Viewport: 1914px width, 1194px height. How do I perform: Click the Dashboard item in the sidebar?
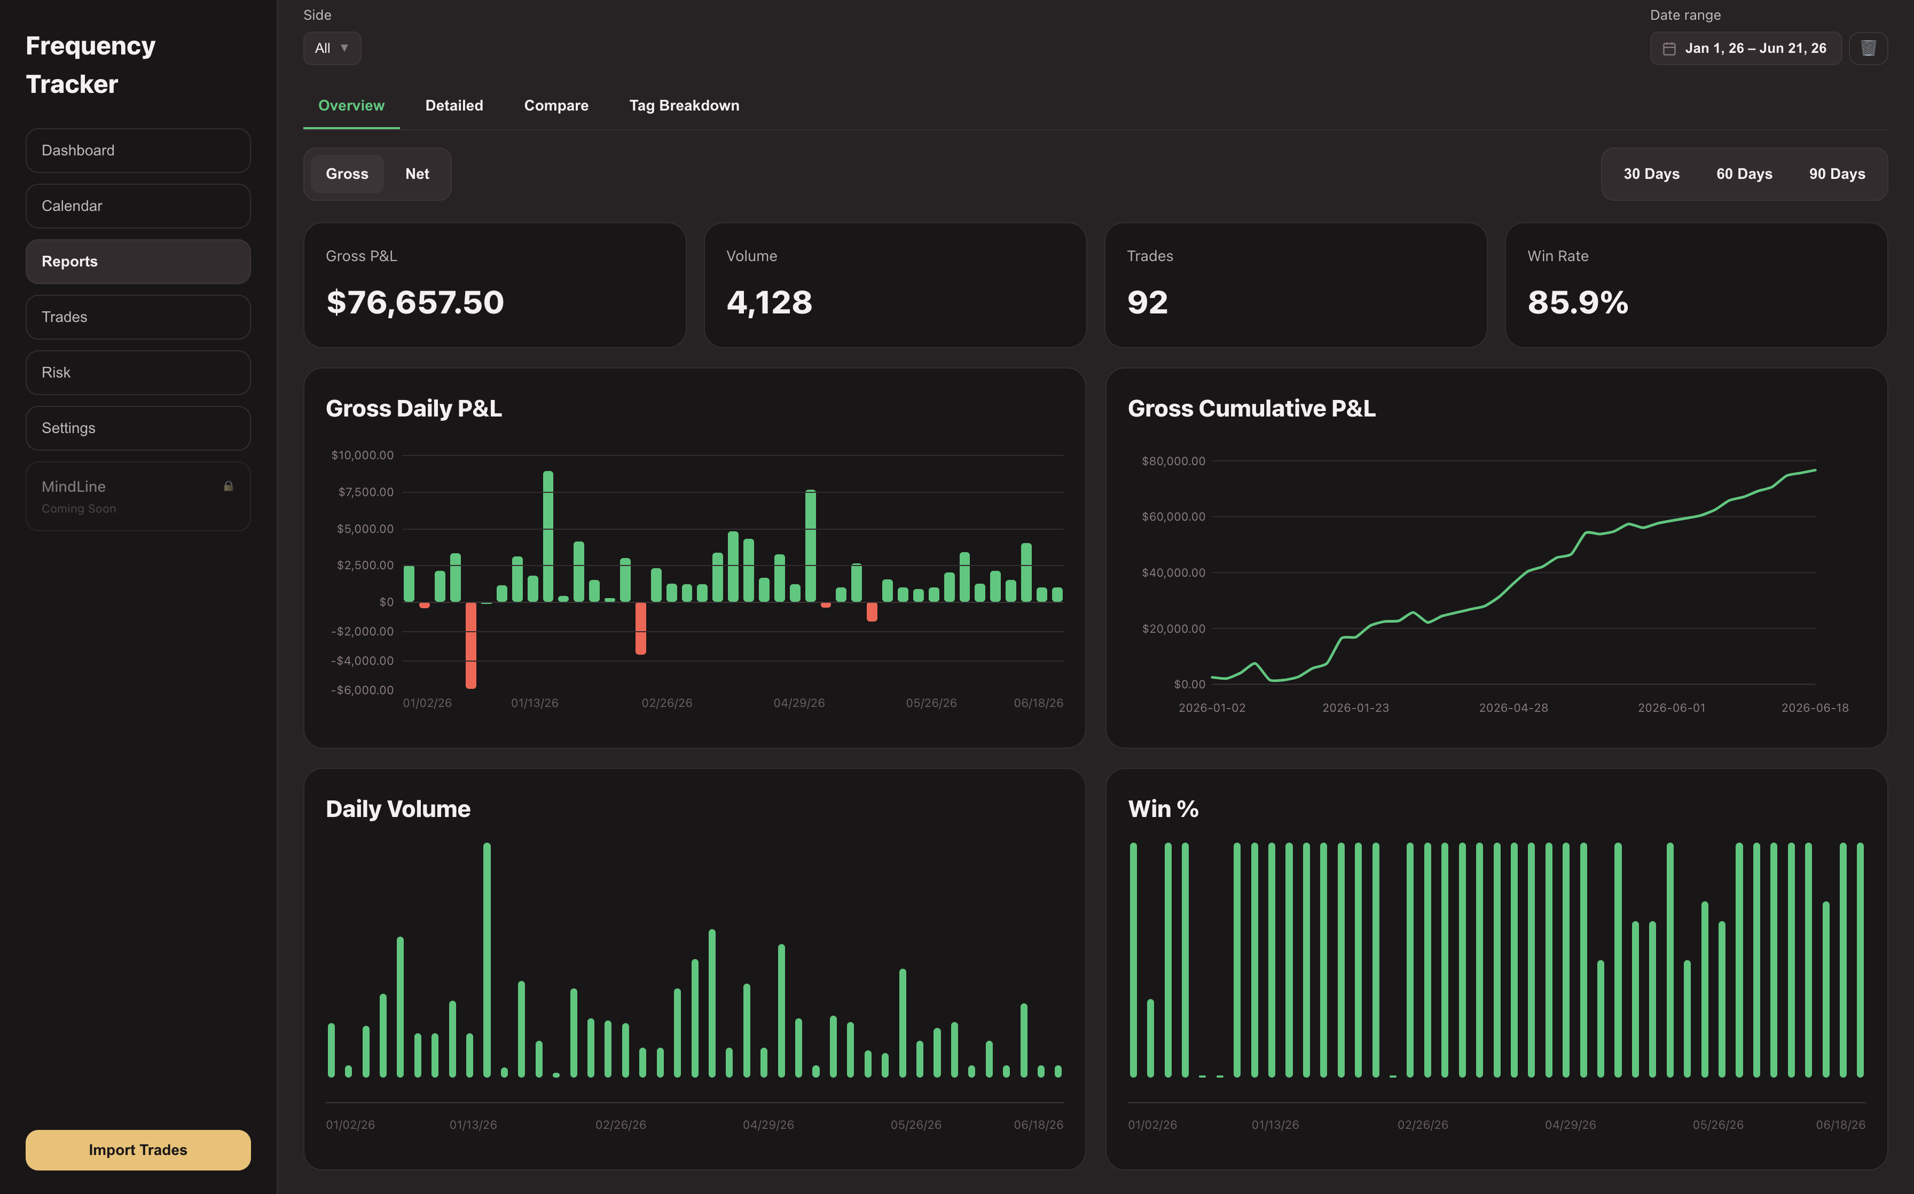point(138,150)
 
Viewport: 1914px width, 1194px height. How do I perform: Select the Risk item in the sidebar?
point(138,373)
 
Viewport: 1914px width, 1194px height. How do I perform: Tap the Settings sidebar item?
point(138,428)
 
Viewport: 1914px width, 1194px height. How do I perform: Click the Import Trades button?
point(138,1150)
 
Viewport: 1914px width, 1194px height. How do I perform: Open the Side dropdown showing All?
point(332,48)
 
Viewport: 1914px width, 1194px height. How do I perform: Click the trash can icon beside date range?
point(1868,48)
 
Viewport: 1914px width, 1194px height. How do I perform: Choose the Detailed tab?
point(454,106)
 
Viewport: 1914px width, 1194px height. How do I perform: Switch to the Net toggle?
point(417,174)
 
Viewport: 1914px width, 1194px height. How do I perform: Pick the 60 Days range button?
point(1744,174)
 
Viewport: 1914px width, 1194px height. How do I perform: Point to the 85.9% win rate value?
point(1578,302)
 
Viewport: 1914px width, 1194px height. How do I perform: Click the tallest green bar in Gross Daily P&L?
point(548,536)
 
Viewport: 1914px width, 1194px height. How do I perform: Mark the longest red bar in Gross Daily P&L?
point(470,645)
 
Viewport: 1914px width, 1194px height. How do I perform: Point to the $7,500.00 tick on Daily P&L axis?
point(366,492)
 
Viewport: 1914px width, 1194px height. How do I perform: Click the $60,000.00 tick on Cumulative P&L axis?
point(1173,516)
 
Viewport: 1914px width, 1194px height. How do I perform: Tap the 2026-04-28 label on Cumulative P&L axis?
point(1513,708)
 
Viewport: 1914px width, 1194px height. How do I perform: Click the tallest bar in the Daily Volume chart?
point(487,960)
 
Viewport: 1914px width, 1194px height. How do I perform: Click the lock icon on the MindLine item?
point(228,486)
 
